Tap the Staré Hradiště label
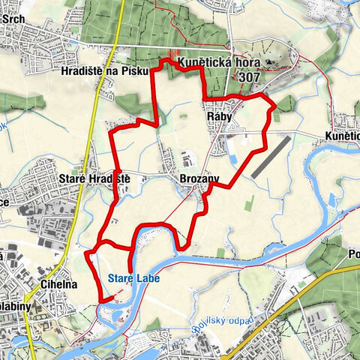click(94, 178)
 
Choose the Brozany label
click(199, 178)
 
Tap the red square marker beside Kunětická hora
click(174, 57)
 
